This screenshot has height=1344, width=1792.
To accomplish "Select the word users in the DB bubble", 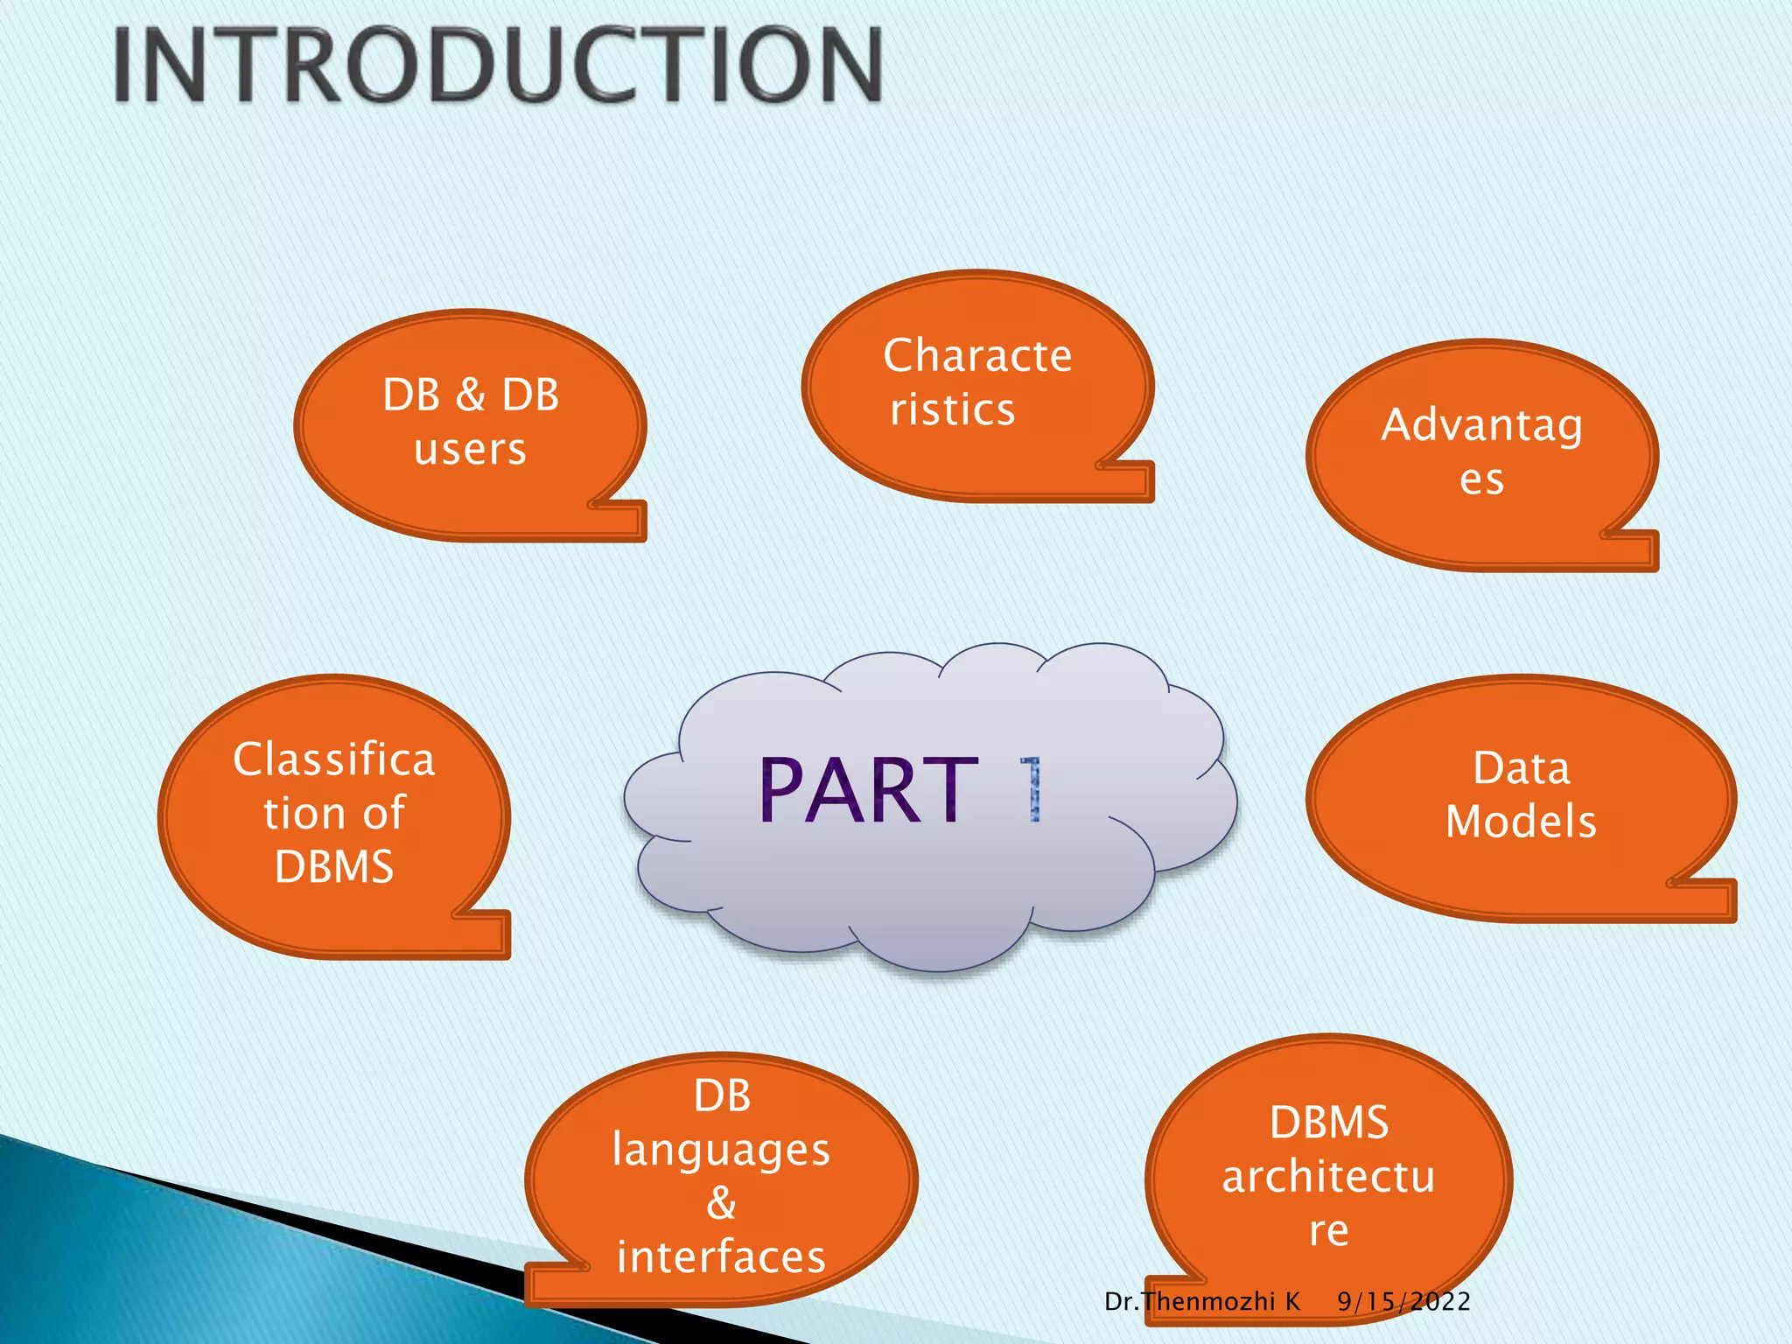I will (x=470, y=450).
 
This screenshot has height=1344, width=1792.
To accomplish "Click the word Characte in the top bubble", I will (x=977, y=356).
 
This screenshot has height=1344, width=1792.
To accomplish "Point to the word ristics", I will (x=952, y=409).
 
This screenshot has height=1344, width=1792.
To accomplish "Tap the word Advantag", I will (x=1481, y=426).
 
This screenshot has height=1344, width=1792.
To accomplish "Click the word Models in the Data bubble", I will (x=1521, y=822).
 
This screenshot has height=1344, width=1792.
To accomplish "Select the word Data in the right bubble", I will (x=1521, y=768).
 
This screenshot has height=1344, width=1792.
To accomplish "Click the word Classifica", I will (x=333, y=759).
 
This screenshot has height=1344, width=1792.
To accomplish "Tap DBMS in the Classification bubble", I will (x=333, y=867).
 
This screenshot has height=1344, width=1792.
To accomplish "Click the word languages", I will (x=721, y=1150).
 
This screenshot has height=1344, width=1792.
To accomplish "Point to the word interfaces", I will (x=721, y=1257).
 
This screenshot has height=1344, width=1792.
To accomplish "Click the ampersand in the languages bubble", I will (x=721, y=1203).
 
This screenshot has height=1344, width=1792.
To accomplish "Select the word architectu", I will (x=1328, y=1177).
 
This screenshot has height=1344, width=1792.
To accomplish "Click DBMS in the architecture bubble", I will (x=1328, y=1123).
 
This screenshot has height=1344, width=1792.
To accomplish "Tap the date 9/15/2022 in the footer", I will (x=1403, y=1302).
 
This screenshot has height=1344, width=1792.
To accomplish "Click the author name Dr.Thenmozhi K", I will (x=1202, y=1302).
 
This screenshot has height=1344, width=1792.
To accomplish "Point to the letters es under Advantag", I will (x=1481, y=479).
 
